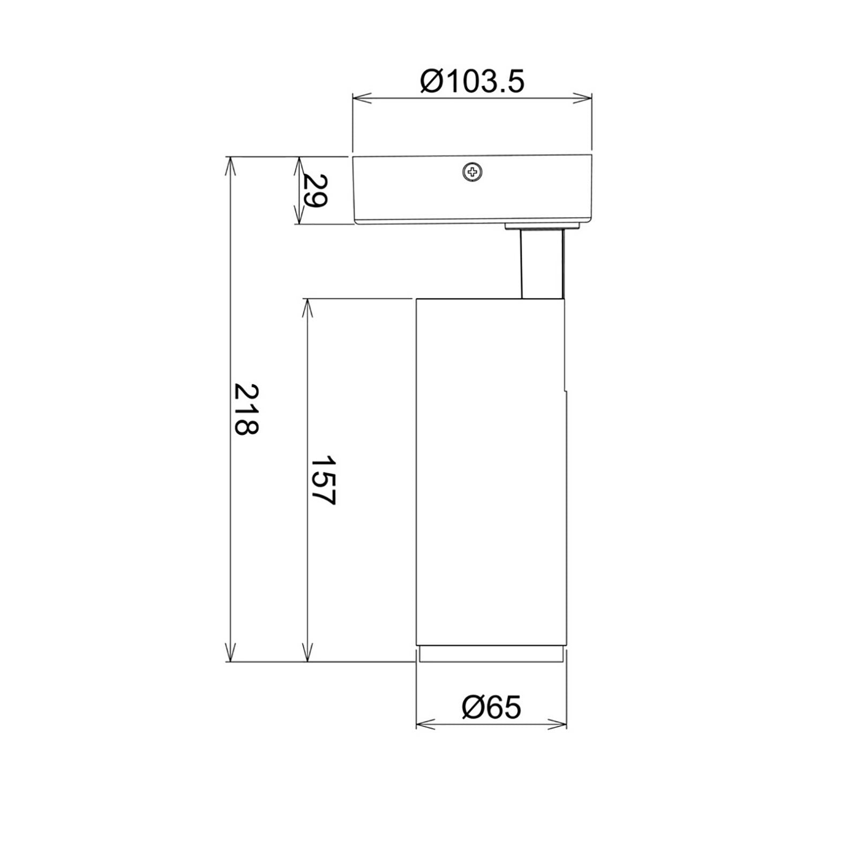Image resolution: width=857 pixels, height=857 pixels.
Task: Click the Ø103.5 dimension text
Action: click(x=472, y=82)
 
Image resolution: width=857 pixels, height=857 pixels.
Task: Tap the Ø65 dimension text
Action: click(x=491, y=707)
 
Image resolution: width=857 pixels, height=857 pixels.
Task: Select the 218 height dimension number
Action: click(x=246, y=409)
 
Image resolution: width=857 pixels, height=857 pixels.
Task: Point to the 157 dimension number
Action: click(x=323, y=480)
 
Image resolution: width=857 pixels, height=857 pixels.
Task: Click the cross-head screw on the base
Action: click(x=472, y=172)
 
